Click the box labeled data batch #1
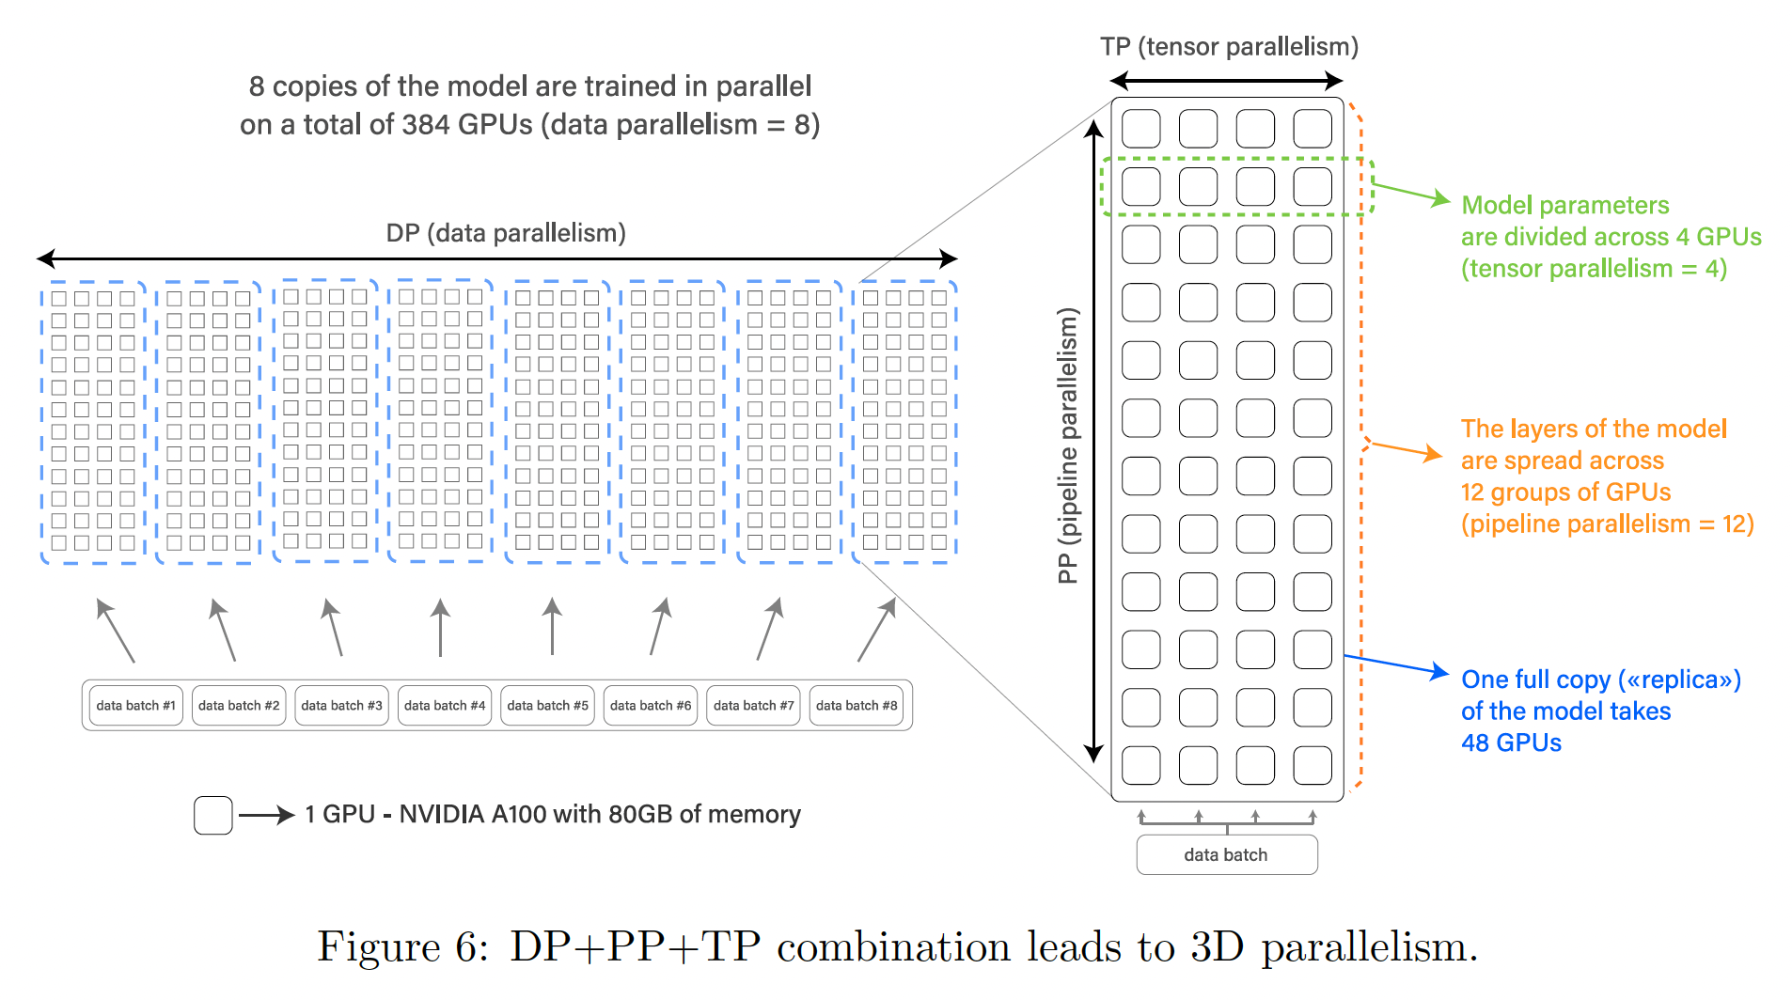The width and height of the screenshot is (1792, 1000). pyautogui.click(x=135, y=705)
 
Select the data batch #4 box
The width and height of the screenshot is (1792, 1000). pyautogui.click(x=445, y=705)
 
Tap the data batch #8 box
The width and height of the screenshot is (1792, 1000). pyautogui.click(x=857, y=705)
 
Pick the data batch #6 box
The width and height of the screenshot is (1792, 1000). pyautogui.click(x=651, y=705)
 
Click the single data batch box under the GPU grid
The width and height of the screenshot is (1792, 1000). pyautogui.click(x=1226, y=854)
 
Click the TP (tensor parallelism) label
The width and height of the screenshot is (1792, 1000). pyautogui.click(x=1229, y=47)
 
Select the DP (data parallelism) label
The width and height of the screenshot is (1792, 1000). pyautogui.click(x=506, y=233)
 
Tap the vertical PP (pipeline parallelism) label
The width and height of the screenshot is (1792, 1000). pyautogui.click(x=1068, y=445)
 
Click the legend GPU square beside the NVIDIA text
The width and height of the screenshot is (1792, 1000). pyautogui.click(x=213, y=815)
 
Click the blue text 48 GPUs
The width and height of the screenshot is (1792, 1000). pyautogui.click(x=1511, y=742)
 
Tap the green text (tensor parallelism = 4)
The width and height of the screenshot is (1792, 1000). pyautogui.click(x=1594, y=269)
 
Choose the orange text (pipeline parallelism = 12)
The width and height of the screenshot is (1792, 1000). pyautogui.click(x=1607, y=523)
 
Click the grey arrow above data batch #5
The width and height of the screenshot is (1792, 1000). pyautogui.click(x=553, y=626)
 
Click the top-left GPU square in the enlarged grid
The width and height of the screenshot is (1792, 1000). pyautogui.click(x=1141, y=129)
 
